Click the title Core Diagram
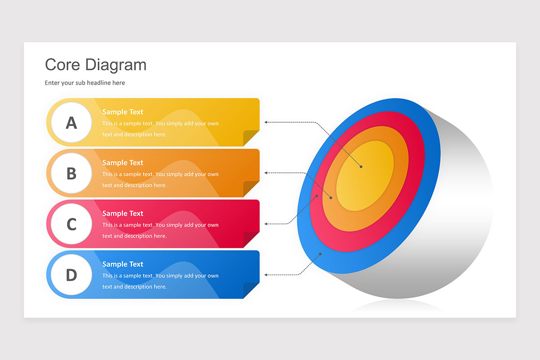pyautogui.click(x=95, y=65)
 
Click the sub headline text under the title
pyautogui.click(x=85, y=83)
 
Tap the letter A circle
pyautogui.click(x=71, y=122)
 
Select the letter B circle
pyautogui.click(x=71, y=173)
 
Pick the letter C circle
pyautogui.click(x=71, y=224)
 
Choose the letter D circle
pyautogui.click(x=71, y=275)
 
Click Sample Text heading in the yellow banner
pyautogui.click(x=122, y=112)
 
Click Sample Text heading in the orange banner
pyautogui.click(x=122, y=163)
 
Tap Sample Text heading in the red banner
pyautogui.click(x=122, y=214)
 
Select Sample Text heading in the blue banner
pyautogui.click(x=122, y=265)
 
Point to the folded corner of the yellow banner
pyautogui.click(x=251, y=137)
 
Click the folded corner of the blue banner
pyautogui.click(x=251, y=290)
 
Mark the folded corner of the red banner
pyautogui.click(x=251, y=239)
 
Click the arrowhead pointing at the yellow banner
pyautogui.click(x=266, y=122)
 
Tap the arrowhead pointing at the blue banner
pyautogui.click(x=266, y=274)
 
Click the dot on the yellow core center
pyautogui.click(x=361, y=167)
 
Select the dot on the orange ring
pyautogui.click(x=331, y=198)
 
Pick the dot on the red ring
pyautogui.click(x=317, y=196)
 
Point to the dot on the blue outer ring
pyautogui.click(x=320, y=254)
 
